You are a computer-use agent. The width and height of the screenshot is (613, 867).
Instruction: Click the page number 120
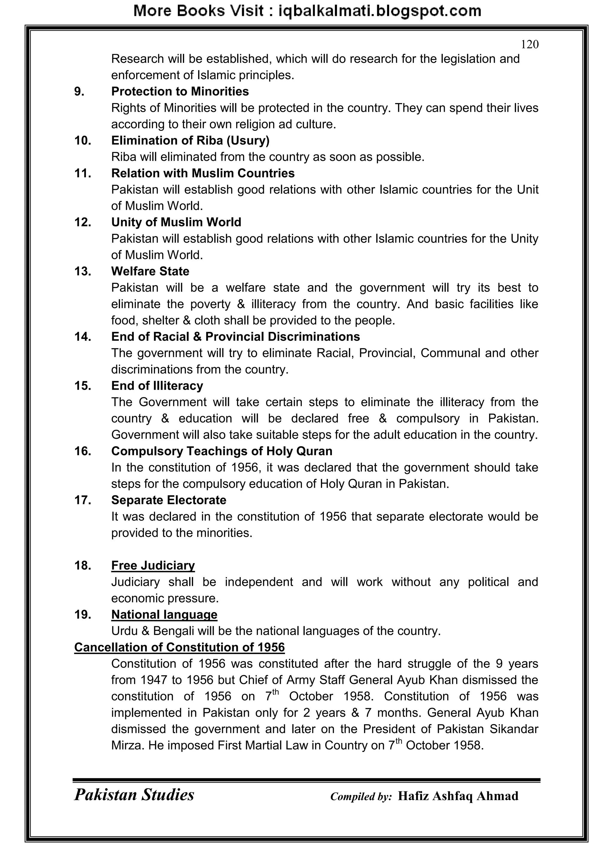pyautogui.click(x=529, y=45)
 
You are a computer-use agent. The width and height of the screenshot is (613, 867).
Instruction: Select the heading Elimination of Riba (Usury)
pyautogui.click(x=190, y=140)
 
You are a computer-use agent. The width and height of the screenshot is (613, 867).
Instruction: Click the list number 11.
pyautogui.click(x=83, y=173)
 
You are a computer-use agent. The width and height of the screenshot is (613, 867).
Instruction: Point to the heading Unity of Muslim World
pyautogui.click(x=176, y=222)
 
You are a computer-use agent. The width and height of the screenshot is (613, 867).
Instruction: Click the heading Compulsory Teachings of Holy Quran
pyautogui.click(x=221, y=451)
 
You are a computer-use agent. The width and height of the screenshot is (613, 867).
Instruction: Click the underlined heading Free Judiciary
pyautogui.click(x=153, y=565)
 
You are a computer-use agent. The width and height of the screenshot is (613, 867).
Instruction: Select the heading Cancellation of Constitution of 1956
pyautogui.click(x=179, y=647)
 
